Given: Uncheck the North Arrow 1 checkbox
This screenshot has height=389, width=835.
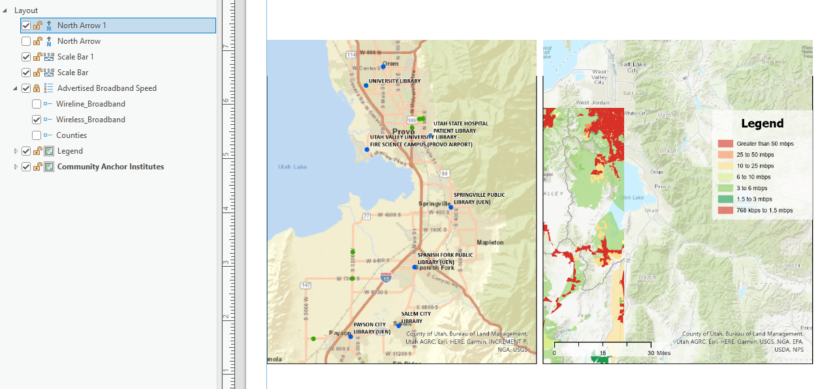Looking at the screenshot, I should coord(26,25).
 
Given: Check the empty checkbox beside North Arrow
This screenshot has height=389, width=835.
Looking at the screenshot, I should coord(26,41).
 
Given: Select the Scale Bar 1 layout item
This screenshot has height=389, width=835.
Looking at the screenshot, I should coord(75,57).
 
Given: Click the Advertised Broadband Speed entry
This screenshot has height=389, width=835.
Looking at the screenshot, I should coord(106,88).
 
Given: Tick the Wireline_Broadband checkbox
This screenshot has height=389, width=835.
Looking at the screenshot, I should coord(37,104).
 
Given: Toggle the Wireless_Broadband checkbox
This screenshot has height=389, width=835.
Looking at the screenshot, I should coord(37,120).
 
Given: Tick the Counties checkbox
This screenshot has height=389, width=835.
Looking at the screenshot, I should coord(37,135).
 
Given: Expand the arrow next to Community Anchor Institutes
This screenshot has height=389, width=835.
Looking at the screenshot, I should coord(16,167).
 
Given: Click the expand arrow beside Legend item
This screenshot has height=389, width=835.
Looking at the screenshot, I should coord(16,151).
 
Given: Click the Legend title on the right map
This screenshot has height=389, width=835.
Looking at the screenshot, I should coord(762,124).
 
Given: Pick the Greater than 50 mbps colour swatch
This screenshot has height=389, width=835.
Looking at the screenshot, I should coord(726,143).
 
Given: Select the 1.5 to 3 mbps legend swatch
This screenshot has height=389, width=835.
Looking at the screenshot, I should coord(726,199).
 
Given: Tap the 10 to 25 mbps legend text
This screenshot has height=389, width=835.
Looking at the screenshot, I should coord(755,165).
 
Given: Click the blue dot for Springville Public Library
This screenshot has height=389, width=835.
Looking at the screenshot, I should coord(450,207).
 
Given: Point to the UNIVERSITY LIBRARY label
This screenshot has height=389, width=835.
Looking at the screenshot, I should coord(395,81).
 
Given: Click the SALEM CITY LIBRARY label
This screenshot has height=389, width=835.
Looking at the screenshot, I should coord(416,317).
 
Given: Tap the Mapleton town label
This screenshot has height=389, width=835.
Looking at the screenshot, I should coord(490,243).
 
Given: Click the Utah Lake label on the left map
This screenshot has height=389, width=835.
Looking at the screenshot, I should coord(292,167).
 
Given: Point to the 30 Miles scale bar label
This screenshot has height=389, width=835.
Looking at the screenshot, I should coord(660,353).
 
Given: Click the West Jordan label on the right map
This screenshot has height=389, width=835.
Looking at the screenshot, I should coord(592,103).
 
